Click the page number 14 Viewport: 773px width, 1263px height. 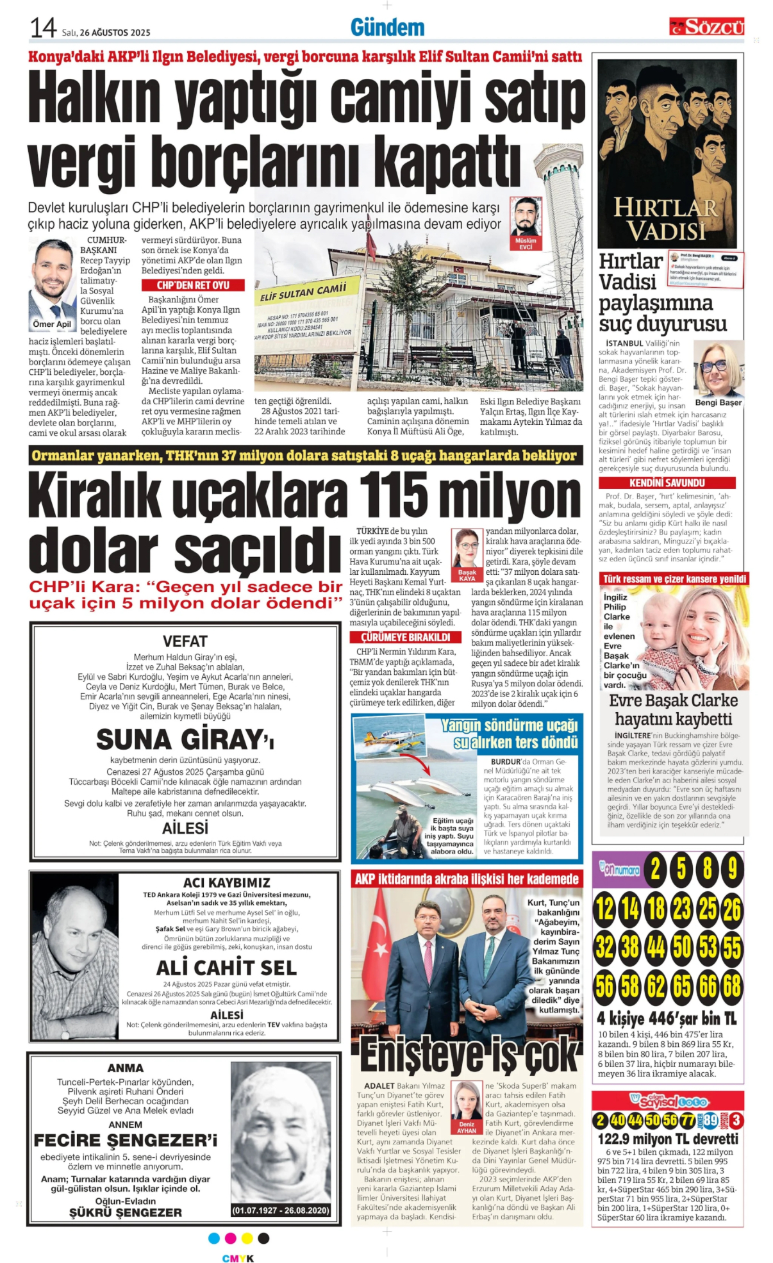click(x=43, y=28)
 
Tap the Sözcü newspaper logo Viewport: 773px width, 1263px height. click(x=706, y=27)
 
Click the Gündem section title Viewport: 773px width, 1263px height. click(x=387, y=28)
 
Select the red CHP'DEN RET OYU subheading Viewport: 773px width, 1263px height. click(x=193, y=285)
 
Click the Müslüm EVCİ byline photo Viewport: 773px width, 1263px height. click(x=526, y=219)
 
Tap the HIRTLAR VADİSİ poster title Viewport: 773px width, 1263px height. click(x=666, y=219)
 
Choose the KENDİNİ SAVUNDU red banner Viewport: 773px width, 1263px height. click(x=667, y=483)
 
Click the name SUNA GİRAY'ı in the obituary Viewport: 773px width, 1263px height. click(x=185, y=739)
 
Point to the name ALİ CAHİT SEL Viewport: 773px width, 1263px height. click(x=226, y=968)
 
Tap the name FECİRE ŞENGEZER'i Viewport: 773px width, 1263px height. click(x=126, y=1141)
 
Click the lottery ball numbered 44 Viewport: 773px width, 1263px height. click(x=656, y=947)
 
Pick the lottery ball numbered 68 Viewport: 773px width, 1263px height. click(x=731, y=986)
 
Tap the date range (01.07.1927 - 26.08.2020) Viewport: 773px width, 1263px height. click(x=281, y=1210)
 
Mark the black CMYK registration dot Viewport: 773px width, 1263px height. click(x=263, y=1238)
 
